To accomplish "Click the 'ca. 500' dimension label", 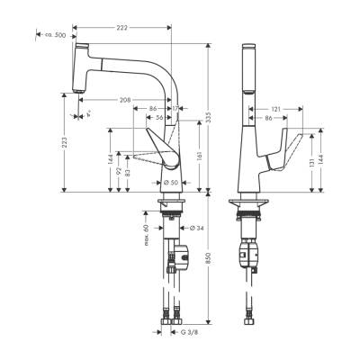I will [57, 35].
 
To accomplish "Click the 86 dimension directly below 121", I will [266, 117].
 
